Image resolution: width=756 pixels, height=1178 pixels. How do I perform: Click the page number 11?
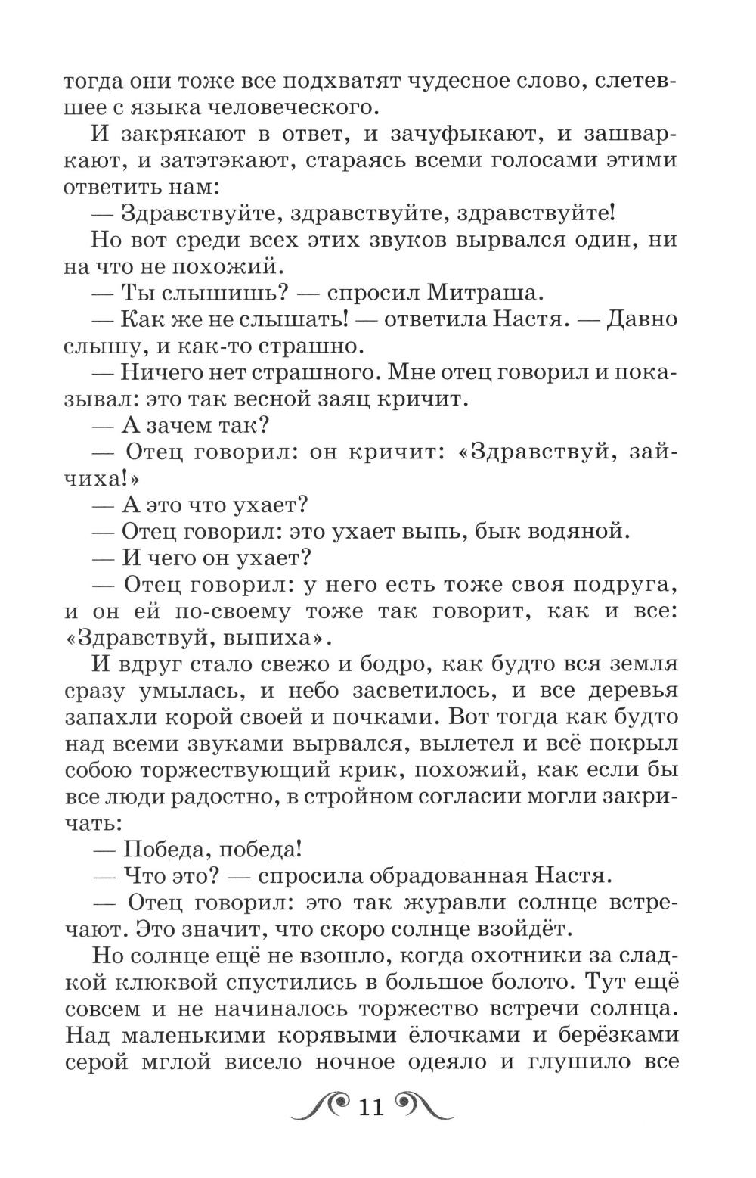[370, 1108]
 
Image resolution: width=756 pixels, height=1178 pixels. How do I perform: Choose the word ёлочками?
[412, 1035]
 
